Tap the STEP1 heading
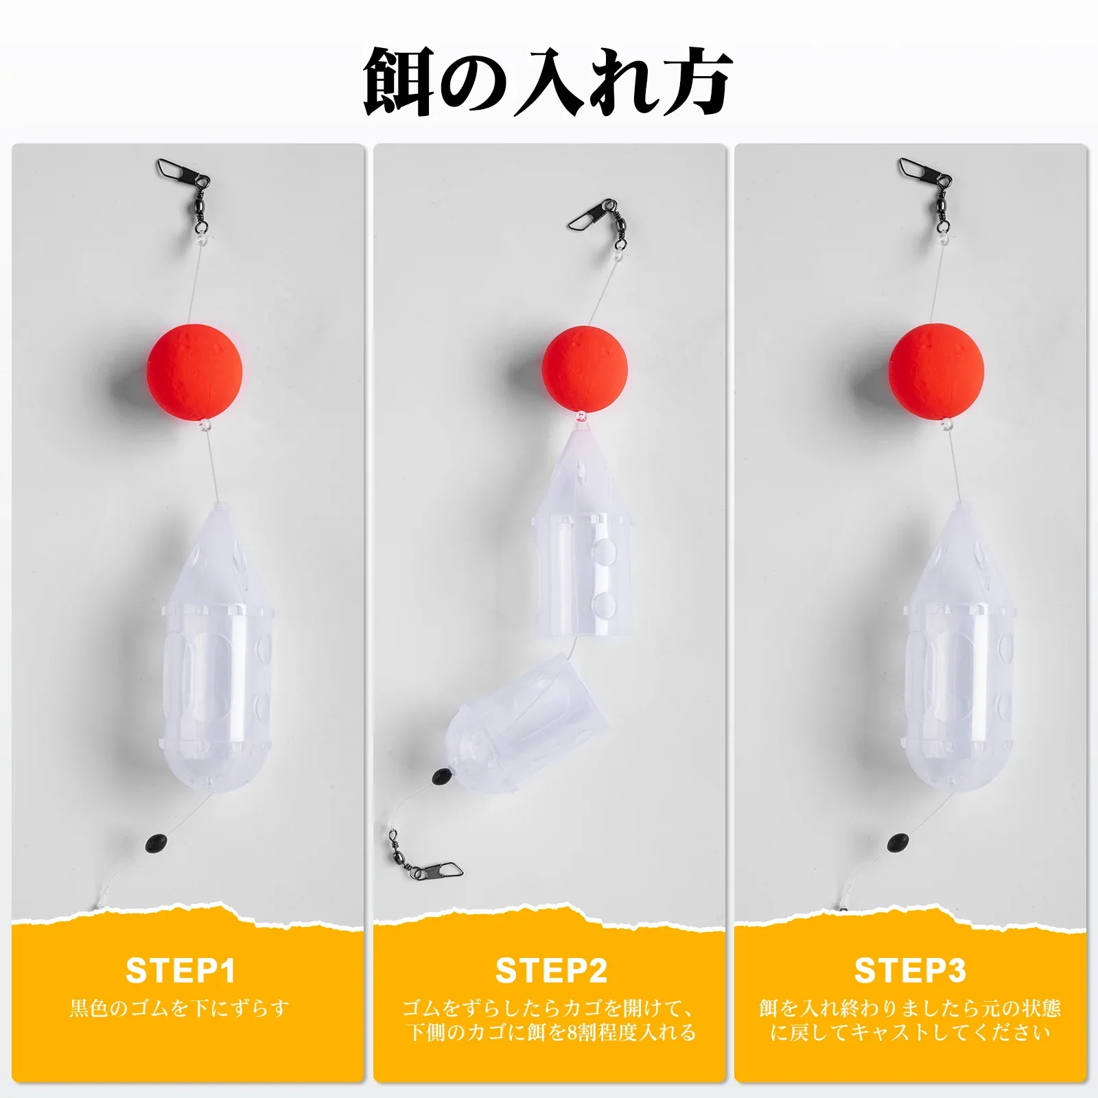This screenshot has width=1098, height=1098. (x=181, y=970)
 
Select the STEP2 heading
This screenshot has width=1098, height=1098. (x=551, y=970)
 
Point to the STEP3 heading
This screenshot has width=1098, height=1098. (x=910, y=970)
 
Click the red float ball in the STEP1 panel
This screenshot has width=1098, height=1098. (x=195, y=372)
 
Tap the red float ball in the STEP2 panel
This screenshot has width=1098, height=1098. (x=585, y=369)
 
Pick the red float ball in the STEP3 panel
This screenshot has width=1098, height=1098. (x=936, y=372)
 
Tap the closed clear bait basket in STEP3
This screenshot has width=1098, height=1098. (x=958, y=649)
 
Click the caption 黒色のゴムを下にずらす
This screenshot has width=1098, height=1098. (x=179, y=1008)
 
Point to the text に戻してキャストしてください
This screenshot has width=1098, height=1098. (x=910, y=1032)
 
